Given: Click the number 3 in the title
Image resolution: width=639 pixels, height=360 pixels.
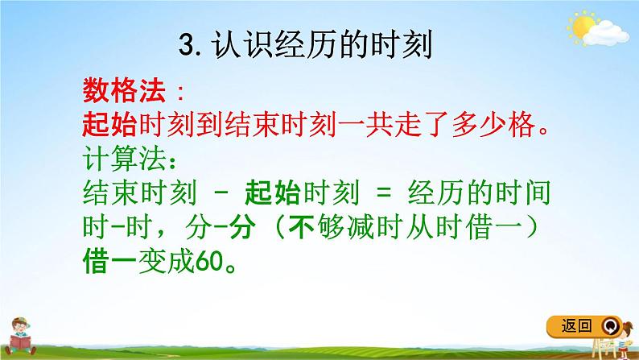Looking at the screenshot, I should coord(187,45).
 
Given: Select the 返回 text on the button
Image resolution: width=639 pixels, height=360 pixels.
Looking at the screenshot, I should coord(574,325).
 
